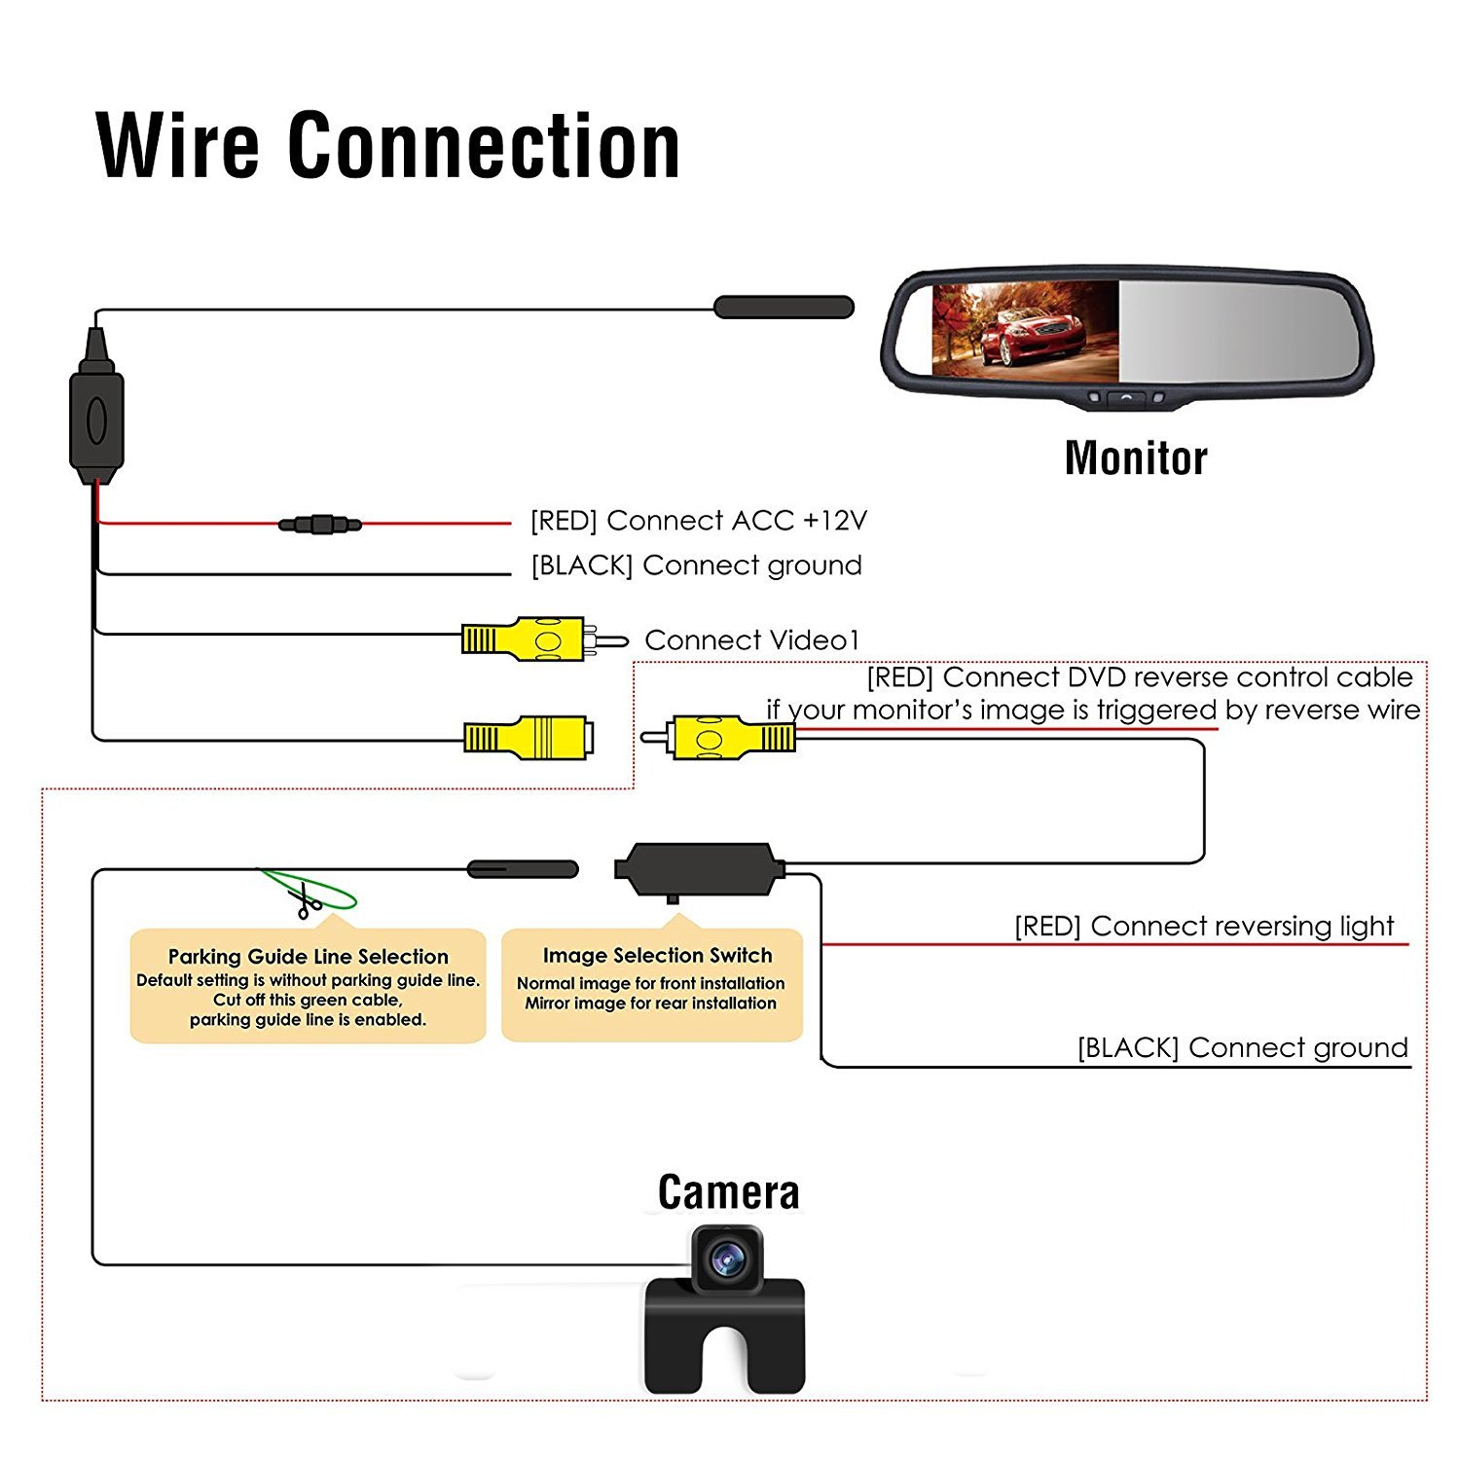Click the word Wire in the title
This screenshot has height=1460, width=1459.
point(178,146)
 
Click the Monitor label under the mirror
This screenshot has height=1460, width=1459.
point(1136,458)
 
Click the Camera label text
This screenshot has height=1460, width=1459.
point(728,1192)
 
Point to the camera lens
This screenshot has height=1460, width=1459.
point(726,1261)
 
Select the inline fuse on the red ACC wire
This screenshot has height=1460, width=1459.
point(320,525)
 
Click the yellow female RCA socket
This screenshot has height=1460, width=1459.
point(530,738)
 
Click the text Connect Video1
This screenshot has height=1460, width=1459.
point(752,640)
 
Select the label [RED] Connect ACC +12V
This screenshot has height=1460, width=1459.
point(698,521)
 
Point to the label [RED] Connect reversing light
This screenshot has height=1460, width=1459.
point(1204,926)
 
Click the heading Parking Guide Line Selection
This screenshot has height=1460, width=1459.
point(308,957)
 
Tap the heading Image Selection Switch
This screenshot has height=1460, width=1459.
point(657,956)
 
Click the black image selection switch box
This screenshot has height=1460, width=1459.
point(700,868)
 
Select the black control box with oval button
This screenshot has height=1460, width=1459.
point(96,421)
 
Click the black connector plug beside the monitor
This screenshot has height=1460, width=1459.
point(784,308)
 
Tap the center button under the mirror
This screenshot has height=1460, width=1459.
point(1126,397)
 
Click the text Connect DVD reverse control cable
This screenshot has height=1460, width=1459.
point(1177,677)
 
